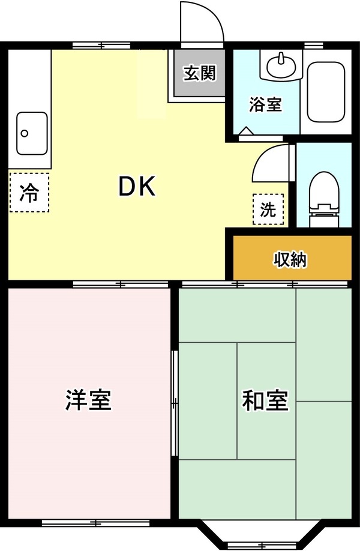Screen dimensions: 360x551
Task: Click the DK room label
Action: [x=137, y=186]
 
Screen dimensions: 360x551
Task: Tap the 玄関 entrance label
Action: [x=200, y=73]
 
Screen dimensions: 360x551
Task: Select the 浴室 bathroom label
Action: [x=266, y=104]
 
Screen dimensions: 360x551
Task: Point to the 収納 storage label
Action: [x=290, y=260]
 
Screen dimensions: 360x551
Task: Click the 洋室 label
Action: [x=88, y=400]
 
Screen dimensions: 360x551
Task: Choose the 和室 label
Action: [x=266, y=400]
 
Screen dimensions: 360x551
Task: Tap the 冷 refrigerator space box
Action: [x=29, y=192]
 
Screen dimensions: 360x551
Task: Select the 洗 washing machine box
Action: [x=268, y=209]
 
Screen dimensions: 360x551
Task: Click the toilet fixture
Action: [x=324, y=199]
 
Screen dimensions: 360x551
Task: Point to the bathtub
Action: [x=326, y=92]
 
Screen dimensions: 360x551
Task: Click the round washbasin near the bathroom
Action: [x=281, y=65]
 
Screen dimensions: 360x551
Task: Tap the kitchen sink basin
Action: [x=32, y=133]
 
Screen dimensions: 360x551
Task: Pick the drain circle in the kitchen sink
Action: [x=25, y=133]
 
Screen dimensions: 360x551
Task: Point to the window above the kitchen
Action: [x=101, y=46]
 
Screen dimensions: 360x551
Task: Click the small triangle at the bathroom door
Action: [x=246, y=130]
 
